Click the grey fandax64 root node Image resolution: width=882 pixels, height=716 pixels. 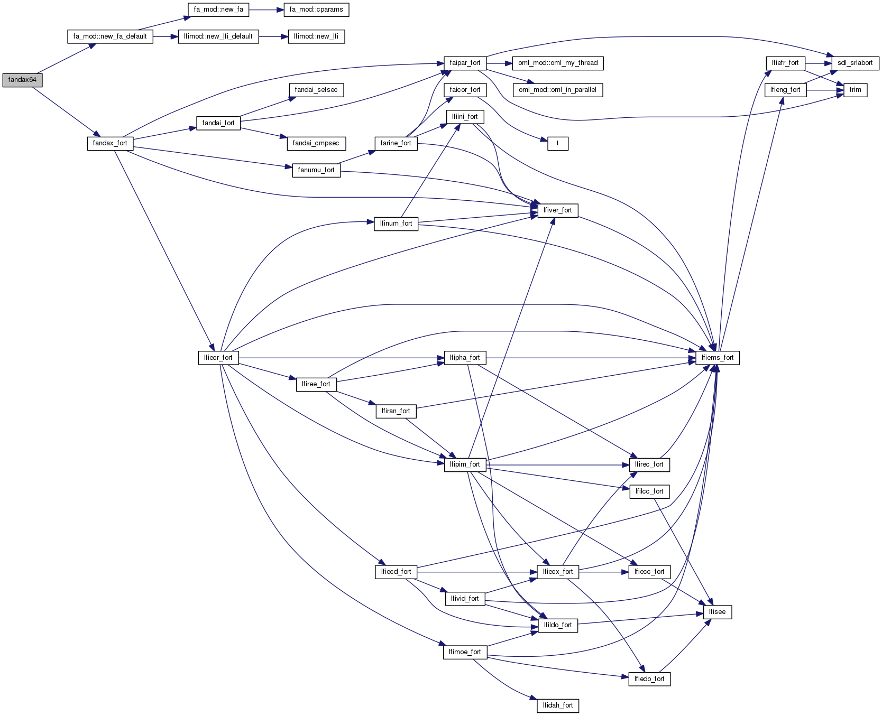(x=22, y=80)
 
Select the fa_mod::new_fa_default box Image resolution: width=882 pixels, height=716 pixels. (x=110, y=36)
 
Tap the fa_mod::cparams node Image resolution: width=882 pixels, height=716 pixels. (x=316, y=10)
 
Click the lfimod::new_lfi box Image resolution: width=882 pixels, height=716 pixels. (x=316, y=36)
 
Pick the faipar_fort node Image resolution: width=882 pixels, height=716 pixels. (x=465, y=63)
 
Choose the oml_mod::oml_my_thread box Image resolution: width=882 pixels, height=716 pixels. (x=558, y=63)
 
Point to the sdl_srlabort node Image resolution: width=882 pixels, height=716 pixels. (x=855, y=63)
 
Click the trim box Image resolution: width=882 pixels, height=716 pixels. (x=855, y=90)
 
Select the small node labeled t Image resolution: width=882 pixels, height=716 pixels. (x=557, y=143)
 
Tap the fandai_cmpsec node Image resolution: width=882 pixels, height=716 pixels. (x=316, y=143)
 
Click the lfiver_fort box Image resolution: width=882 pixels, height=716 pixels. (x=557, y=210)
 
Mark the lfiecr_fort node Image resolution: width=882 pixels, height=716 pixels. (x=218, y=358)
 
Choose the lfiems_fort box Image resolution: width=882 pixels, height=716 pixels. (x=718, y=358)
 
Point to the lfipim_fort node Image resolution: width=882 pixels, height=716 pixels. (x=465, y=464)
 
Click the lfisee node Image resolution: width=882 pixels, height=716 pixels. (x=718, y=612)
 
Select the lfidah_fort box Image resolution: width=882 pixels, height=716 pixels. (x=558, y=705)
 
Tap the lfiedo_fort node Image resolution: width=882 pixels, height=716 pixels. (x=649, y=679)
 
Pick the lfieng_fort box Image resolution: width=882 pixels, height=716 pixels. (x=785, y=90)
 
